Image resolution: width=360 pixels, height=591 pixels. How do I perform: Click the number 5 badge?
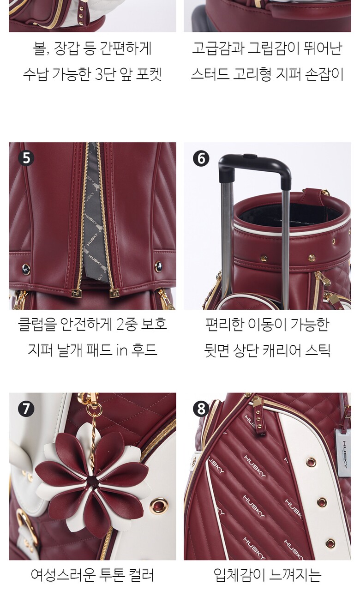click(x=26, y=158)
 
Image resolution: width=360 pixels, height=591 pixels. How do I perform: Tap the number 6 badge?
click(x=201, y=158)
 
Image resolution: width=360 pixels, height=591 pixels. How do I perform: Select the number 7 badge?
click(x=26, y=409)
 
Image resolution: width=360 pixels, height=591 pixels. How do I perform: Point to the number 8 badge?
click(x=201, y=409)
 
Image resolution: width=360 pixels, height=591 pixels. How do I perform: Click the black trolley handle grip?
click(x=254, y=165)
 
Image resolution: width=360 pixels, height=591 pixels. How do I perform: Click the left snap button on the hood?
click(x=25, y=269)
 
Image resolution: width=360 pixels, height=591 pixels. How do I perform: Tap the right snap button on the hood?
click(x=158, y=266)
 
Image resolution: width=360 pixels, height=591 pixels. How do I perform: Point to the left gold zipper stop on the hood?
click(x=77, y=293)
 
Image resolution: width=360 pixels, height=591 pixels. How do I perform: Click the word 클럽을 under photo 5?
click(x=36, y=324)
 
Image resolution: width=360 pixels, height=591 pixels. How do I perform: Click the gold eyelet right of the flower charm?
click(x=158, y=505)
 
